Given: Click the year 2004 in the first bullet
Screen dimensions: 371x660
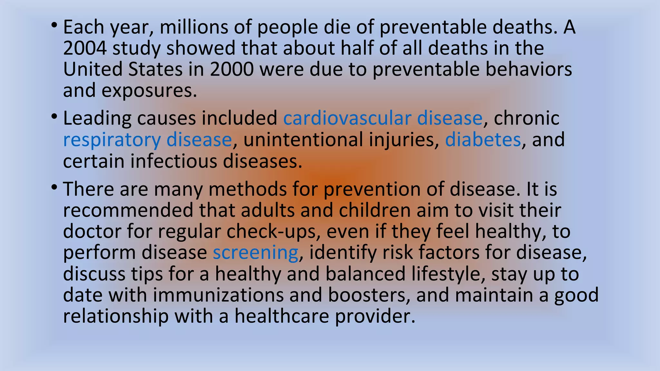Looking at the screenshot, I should (85, 48).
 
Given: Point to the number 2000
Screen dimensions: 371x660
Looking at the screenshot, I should (232, 70).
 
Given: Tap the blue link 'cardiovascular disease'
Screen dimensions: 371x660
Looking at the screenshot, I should (383, 118).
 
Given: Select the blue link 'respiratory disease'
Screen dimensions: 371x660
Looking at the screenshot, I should (147, 140).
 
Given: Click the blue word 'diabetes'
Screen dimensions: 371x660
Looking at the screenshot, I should (483, 140).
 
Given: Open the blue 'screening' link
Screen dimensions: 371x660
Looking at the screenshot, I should (255, 252).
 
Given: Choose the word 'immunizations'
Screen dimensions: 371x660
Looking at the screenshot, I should (218, 295).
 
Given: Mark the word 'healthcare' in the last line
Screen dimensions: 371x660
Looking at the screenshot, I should (281, 316).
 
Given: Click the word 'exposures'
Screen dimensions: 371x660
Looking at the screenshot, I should (149, 91).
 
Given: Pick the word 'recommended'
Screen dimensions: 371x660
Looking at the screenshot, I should (128, 210).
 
